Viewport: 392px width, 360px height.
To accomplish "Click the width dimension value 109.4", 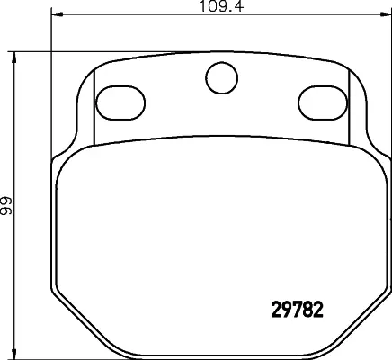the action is pyautogui.click(x=222, y=6).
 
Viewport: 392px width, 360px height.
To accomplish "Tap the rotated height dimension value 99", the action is pyautogui.click(x=5, y=206).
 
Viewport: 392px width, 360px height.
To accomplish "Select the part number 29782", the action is pyautogui.click(x=298, y=310).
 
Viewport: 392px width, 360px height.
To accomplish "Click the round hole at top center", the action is pyautogui.click(x=221, y=78).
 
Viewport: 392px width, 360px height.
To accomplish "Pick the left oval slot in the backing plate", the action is pyautogui.click(x=120, y=103).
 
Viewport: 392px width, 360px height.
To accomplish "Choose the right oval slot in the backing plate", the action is pyautogui.click(x=323, y=103).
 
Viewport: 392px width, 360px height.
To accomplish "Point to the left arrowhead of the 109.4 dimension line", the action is pyautogui.click(x=57, y=14).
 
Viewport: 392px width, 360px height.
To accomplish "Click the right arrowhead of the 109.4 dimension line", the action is pyautogui.click(x=386, y=14).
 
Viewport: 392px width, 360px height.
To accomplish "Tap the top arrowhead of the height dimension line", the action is pyautogui.click(x=13, y=58).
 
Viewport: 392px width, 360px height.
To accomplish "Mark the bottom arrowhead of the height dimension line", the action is pyautogui.click(x=13, y=353).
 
